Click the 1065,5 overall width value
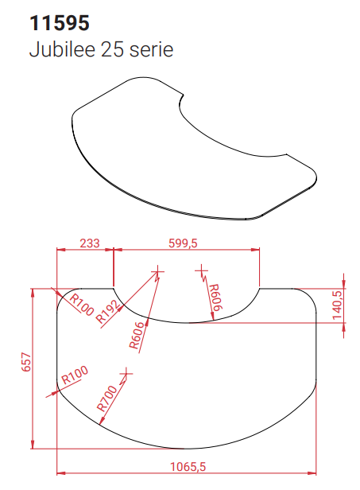pos(185,468)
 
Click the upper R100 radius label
pos(79,305)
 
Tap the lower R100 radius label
pos(74,375)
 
